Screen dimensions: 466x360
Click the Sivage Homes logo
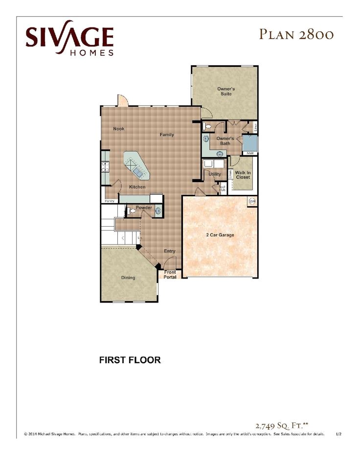point(69,38)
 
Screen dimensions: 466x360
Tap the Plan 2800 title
point(297,34)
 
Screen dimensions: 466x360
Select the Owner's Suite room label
point(226,91)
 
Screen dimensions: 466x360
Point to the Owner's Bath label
point(225,141)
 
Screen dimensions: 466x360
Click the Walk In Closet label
point(243,175)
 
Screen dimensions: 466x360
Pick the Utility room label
point(215,174)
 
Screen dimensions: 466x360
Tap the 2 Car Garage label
point(220,235)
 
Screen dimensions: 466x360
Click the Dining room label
point(128,278)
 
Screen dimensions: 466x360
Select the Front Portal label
point(170,275)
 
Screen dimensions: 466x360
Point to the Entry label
point(170,251)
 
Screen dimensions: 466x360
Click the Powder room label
point(144,208)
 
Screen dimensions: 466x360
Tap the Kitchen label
point(137,187)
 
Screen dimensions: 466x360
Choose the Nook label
point(119,129)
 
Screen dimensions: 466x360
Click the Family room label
point(167,135)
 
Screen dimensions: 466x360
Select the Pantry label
point(110,201)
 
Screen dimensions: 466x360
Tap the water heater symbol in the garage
point(252,201)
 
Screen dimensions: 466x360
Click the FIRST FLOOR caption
point(130,360)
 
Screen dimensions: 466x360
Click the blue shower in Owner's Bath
point(250,143)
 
